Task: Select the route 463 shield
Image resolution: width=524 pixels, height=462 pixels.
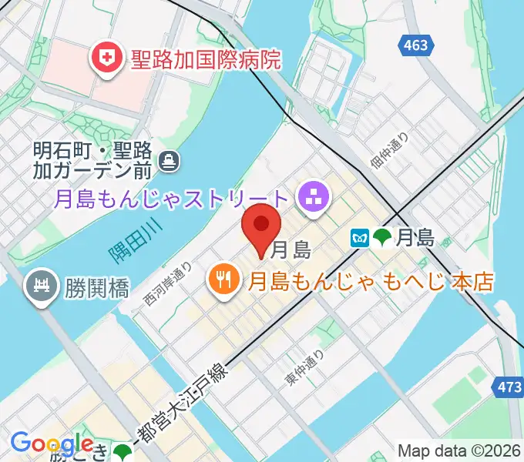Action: coord(415,45)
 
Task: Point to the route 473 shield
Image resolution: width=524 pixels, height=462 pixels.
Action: coord(509,387)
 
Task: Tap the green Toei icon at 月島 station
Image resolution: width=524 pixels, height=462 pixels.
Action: coord(381,239)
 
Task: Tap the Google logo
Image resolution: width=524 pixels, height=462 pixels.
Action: coord(51,444)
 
